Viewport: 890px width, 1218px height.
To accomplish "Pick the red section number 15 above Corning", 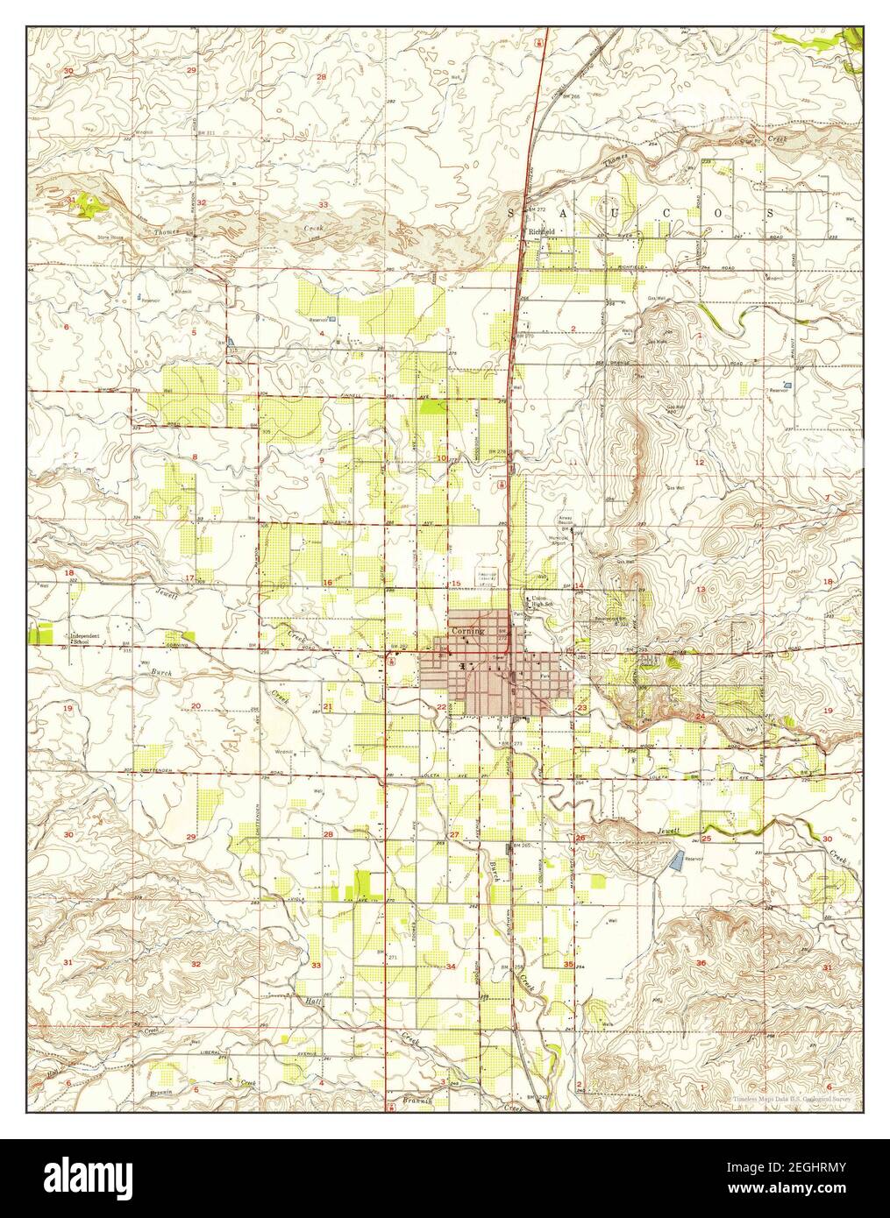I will point(456,584).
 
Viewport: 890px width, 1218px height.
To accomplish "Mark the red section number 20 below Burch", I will point(196,705).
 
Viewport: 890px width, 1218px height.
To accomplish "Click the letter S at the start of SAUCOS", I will point(512,213).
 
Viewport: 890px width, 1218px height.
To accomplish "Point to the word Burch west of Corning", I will point(160,673).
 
